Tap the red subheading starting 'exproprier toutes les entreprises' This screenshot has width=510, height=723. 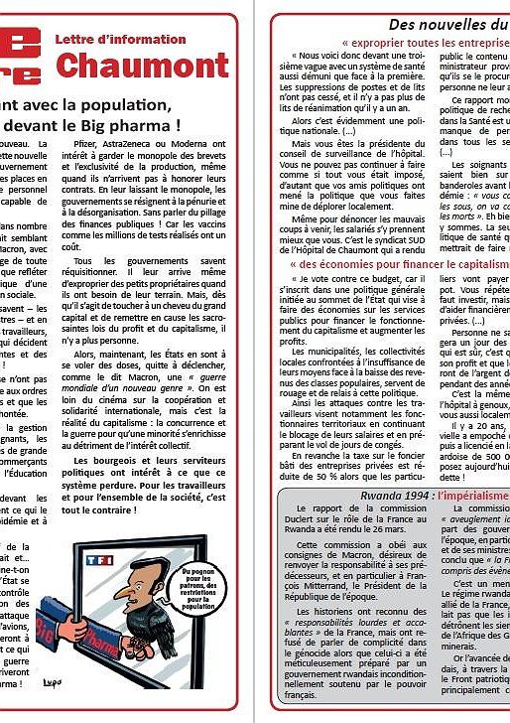427,44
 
